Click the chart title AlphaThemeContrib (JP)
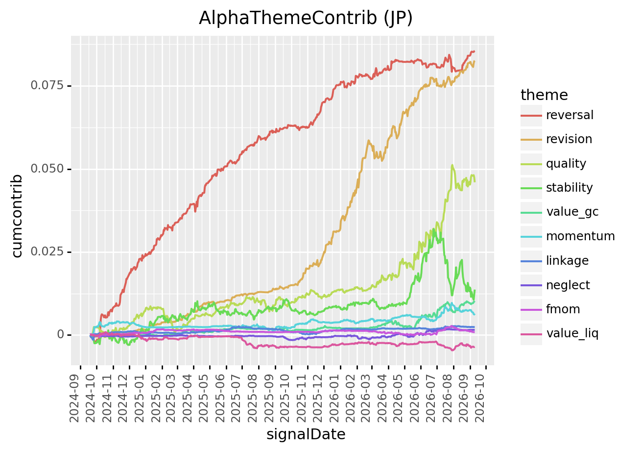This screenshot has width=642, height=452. [x=306, y=18]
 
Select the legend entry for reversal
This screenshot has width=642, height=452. [x=570, y=115]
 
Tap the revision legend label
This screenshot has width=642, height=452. [x=569, y=139]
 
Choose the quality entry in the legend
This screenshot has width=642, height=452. [x=566, y=164]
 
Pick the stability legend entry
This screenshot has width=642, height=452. [x=570, y=188]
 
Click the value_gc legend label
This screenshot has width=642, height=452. [x=572, y=212]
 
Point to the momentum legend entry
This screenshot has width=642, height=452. [x=580, y=236]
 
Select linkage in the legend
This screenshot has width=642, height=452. [x=568, y=261]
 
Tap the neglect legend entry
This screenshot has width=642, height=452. [x=568, y=285]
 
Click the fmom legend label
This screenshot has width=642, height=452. [x=563, y=309]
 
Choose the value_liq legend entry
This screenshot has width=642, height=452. [x=572, y=333]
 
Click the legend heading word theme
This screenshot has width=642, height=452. [x=544, y=95]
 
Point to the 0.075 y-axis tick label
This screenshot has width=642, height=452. [x=47, y=85]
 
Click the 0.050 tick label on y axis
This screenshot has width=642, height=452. [x=47, y=169]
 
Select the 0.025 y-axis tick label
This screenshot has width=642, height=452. [x=47, y=251]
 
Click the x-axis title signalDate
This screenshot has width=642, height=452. [x=306, y=434]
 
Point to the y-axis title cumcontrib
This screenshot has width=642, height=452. [x=17, y=216]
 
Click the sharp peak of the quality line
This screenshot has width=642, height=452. [x=452, y=165]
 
